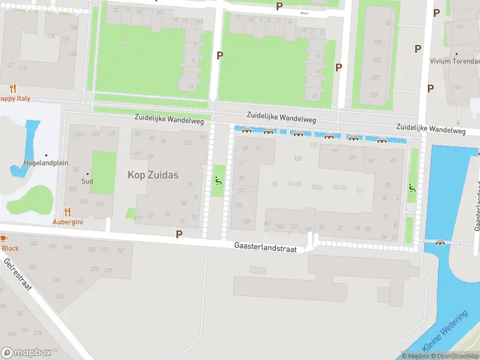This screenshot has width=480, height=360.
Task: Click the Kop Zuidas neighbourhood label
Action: pyautogui.click(x=153, y=175)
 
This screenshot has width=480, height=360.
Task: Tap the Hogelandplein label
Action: pyautogui.click(x=46, y=163)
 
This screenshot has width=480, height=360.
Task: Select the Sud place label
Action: pyautogui.click(x=88, y=181)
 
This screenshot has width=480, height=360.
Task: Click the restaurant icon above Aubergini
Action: pyautogui.click(x=67, y=212)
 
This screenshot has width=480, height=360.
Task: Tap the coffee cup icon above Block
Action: pyautogui.click(x=2, y=239)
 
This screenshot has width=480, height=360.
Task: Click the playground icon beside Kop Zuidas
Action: pyautogui.click(x=217, y=180)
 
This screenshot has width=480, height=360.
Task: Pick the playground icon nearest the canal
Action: pyautogui.click(x=412, y=188)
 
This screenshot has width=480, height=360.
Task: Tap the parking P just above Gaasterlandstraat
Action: pyautogui.click(x=178, y=233)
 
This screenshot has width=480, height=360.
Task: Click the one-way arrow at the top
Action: pyautogui.click(x=304, y=13)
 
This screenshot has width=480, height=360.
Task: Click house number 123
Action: pyautogui.click(x=298, y=158)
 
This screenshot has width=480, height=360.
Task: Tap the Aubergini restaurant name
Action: pyautogui.click(x=67, y=222)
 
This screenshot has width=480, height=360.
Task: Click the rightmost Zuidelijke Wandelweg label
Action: pyautogui.click(x=431, y=129)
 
